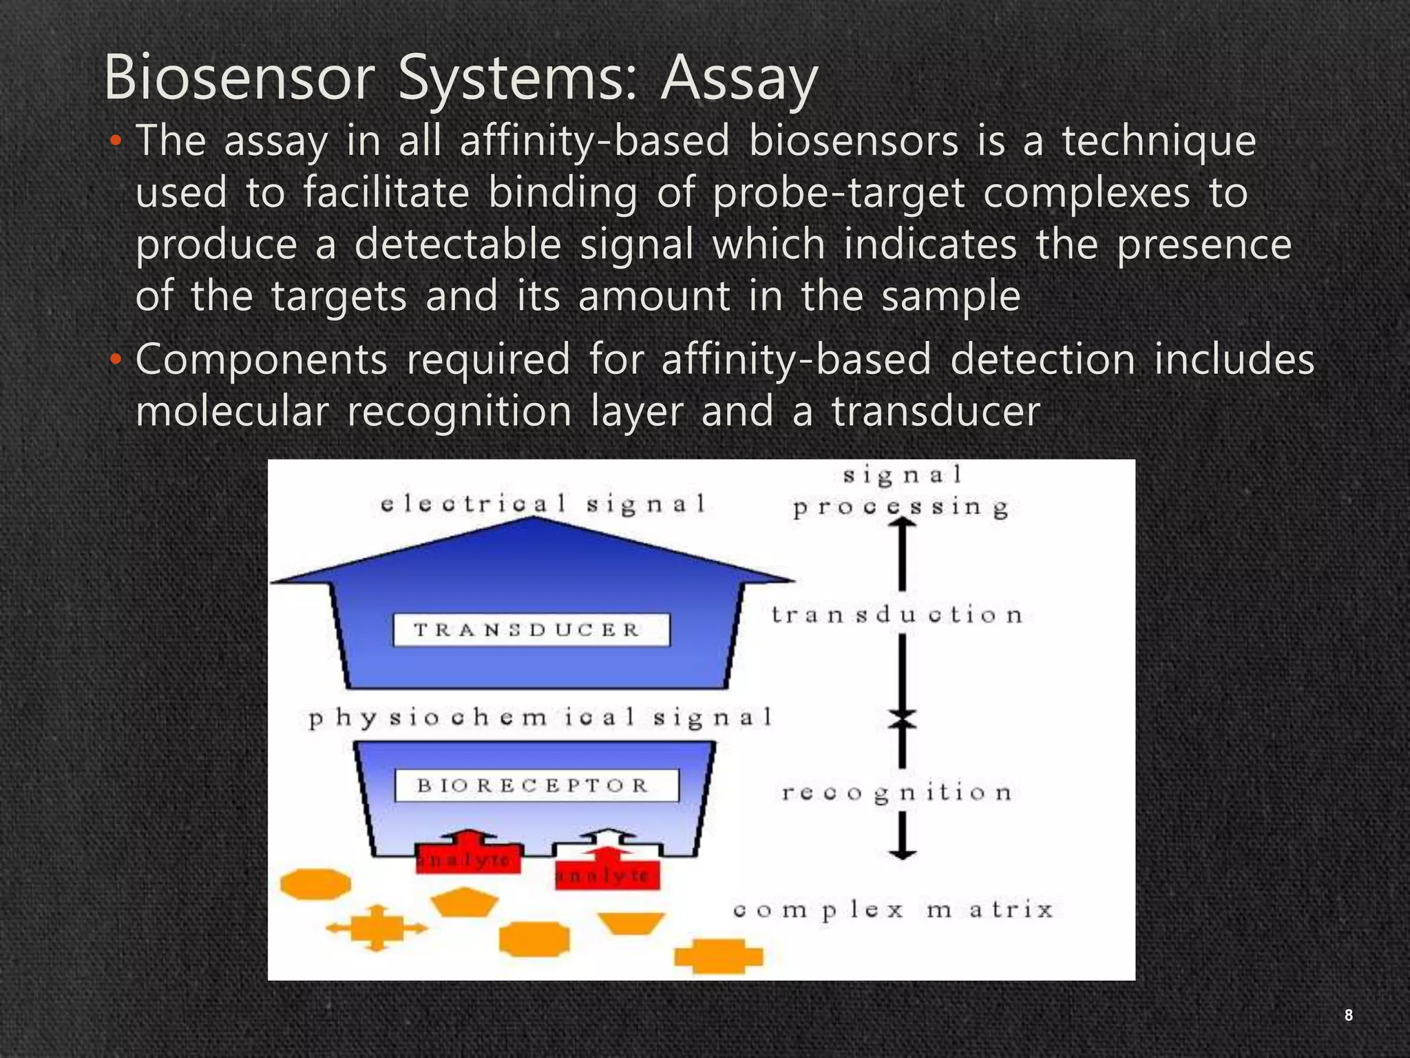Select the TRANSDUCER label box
(x=531, y=630)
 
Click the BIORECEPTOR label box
(x=536, y=785)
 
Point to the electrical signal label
(x=543, y=504)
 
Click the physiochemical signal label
(x=540, y=718)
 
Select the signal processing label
(x=901, y=492)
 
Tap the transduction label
(x=896, y=614)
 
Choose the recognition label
(x=896, y=793)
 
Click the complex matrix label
(x=893, y=910)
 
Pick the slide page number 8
(x=1348, y=1015)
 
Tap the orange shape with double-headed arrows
(x=376, y=928)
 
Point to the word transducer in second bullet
(x=936, y=411)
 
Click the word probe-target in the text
(x=839, y=193)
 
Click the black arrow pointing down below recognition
(x=902, y=837)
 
